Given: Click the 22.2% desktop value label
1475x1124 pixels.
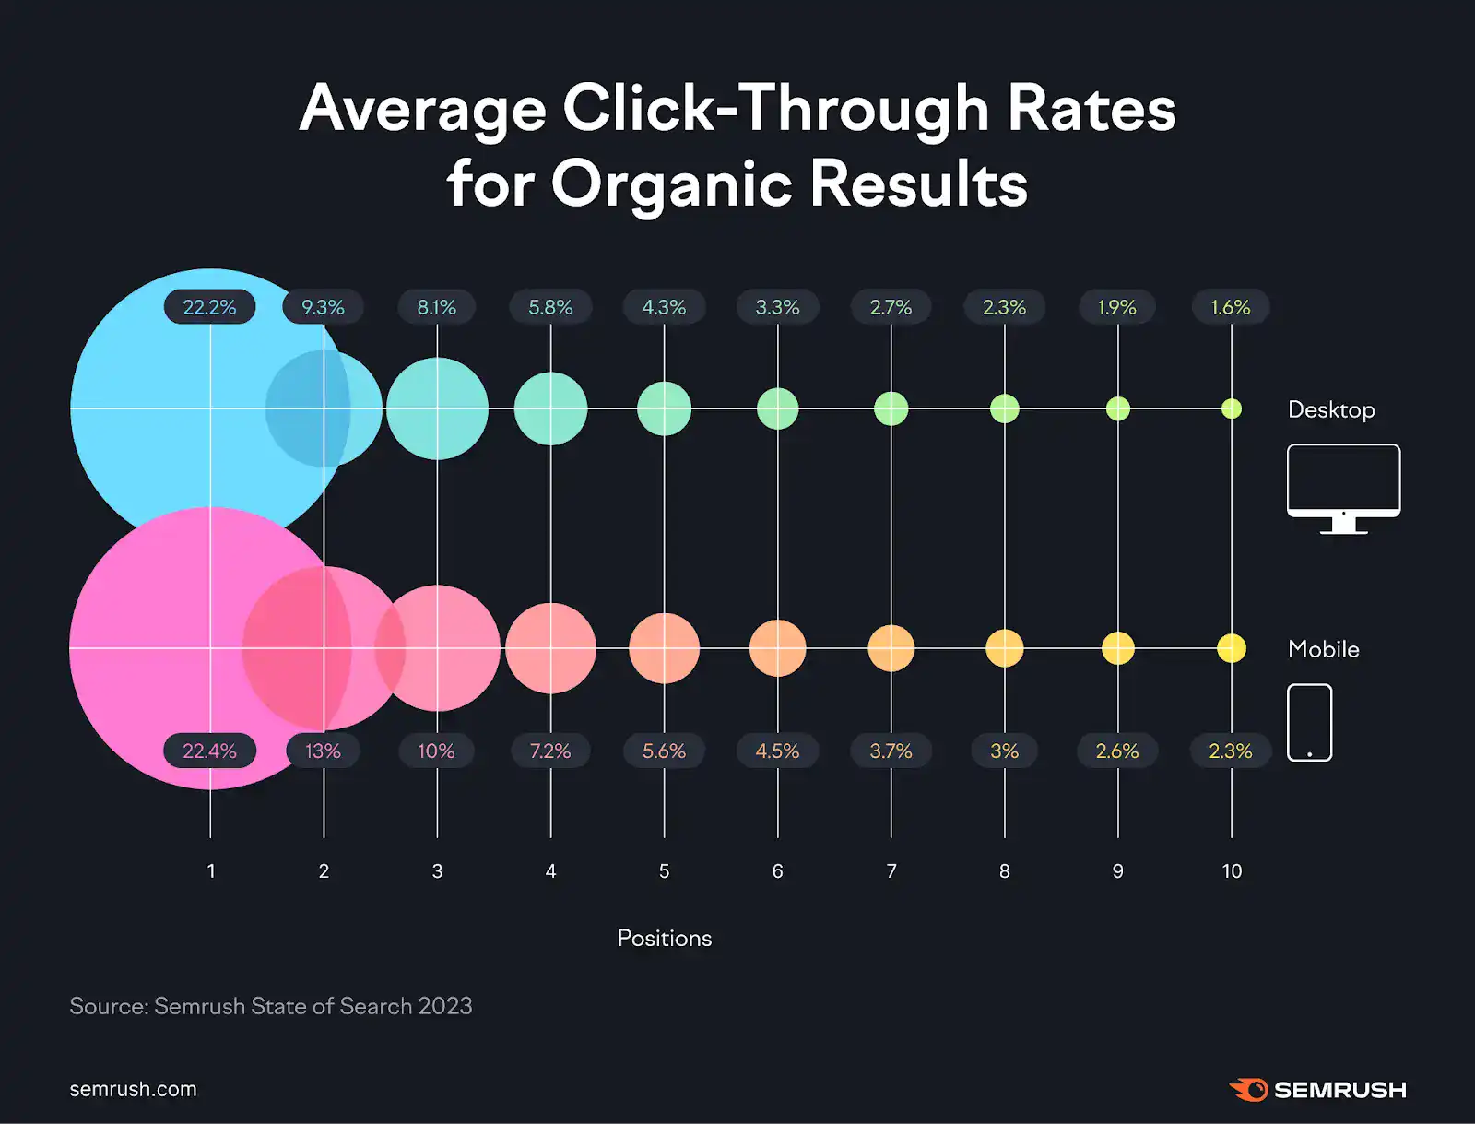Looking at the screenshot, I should tap(209, 307).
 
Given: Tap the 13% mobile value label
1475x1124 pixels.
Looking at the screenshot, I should tap(323, 751).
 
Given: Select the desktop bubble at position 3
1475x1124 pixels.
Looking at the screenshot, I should tap(437, 408).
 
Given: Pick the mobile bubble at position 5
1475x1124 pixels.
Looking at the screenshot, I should tap(664, 648).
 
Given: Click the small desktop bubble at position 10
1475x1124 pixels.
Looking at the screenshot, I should tap(1232, 408).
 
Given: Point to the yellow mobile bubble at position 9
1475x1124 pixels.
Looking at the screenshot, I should tap(1118, 648).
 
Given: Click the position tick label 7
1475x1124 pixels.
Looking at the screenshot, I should tap(891, 870).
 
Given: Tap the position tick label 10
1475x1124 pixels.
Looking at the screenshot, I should tap(1232, 870).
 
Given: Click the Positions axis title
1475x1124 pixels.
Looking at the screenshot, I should tap(664, 938).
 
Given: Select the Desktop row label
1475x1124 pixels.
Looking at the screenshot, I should tap(1330, 409).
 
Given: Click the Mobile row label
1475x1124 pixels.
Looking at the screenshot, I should tap(1323, 649).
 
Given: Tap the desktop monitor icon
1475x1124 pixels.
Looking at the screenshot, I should tap(1343, 487).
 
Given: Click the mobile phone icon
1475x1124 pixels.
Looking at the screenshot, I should tap(1309, 722).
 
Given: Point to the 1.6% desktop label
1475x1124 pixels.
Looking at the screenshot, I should tap(1231, 307).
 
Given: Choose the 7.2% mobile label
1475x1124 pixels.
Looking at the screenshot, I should tap(550, 751).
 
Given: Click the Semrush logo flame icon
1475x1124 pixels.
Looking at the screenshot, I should tap(1249, 1089).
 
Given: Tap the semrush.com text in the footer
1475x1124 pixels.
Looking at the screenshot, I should tap(133, 1089).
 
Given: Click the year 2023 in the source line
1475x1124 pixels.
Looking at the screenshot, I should tap(445, 1006).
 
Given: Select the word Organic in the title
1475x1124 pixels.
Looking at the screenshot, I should tap(671, 183).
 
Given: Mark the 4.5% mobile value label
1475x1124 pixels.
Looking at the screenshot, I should tap(777, 751).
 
